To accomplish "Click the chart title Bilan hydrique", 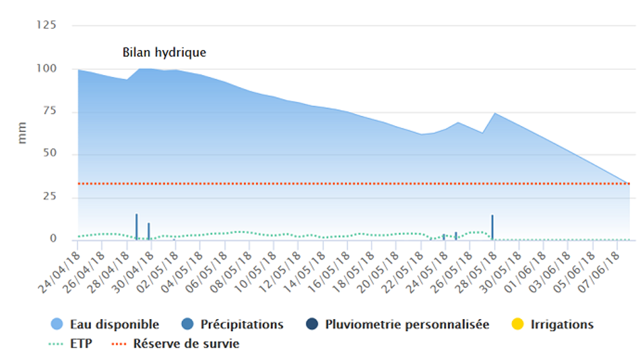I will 165,53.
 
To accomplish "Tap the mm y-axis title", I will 22,132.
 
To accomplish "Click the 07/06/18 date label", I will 609,266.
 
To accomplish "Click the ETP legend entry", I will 70,344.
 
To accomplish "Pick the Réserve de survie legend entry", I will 176,344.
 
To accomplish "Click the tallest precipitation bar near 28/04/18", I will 136,226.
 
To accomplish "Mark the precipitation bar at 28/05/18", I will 492,227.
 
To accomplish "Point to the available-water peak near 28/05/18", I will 495,113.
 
